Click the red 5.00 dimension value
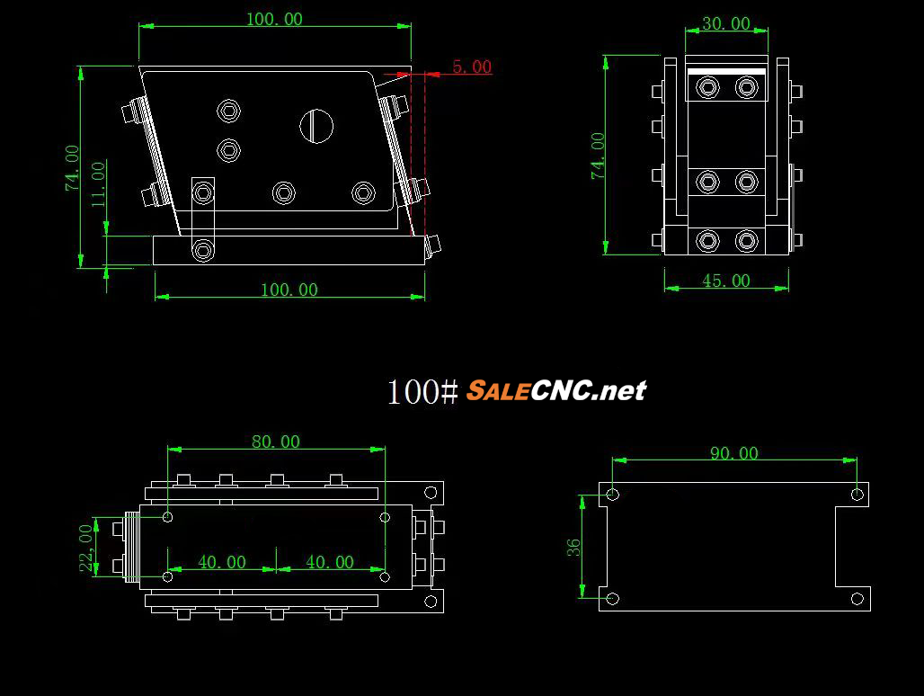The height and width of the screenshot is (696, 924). click(472, 67)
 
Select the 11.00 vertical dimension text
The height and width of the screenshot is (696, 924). click(99, 183)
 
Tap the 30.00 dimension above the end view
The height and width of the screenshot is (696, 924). click(725, 24)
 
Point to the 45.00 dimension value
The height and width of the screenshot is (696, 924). click(725, 281)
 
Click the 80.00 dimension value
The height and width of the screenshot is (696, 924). click(276, 442)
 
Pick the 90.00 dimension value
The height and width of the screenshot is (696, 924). click(733, 453)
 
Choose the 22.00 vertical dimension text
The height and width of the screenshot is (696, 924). click(87, 548)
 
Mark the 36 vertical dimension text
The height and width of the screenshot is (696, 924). click(573, 546)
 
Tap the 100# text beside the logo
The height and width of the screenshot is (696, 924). click(422, 391)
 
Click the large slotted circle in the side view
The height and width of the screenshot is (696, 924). click(315, 126)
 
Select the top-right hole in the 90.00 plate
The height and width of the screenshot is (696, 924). click(857, 494)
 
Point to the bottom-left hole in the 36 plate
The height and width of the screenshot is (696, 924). click(613, 598)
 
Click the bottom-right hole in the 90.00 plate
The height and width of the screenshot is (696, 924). click(857, 598)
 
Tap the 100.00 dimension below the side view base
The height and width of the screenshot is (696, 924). click(289, 290)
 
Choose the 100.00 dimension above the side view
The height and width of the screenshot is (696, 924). click(274, 19)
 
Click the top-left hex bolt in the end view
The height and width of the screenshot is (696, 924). click(708, 87)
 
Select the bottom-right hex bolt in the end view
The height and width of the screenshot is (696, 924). click(746, 241)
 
